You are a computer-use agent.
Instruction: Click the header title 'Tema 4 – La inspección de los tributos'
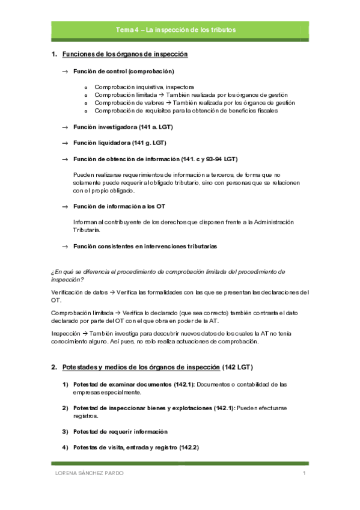pyautogui.click(x=176, y=29)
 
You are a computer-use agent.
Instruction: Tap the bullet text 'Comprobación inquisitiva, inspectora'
pyautogui.click(x=144, y=87)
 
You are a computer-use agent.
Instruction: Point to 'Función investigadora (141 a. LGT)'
pyautogui.click(x=121, y=127)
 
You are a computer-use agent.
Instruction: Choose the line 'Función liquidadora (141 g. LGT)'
pyautogui.click(x=119, y=143)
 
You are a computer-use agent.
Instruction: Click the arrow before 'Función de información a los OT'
pyautogui.click(x=65, y=206)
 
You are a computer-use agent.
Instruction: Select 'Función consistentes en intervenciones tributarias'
pyautogui.click(x=145, y=247)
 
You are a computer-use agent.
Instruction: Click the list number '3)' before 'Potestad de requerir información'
pyautogui.click(x=65, y=432)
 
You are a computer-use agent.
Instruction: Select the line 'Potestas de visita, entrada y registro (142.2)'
pyautogui.click(x=136, y=447)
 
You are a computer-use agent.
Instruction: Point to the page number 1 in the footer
pyautogui.click(x=305, y=474)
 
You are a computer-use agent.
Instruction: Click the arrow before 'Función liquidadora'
pyautogui.click(x=65, y=143)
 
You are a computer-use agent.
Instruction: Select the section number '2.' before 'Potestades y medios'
pyautogui.click(x=54, y=367)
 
